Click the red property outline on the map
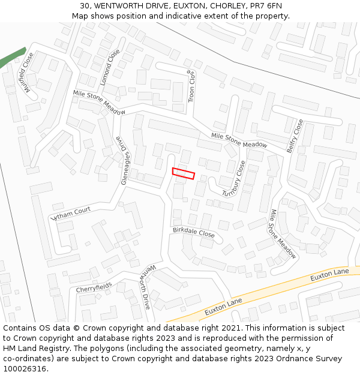184,173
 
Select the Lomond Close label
110,67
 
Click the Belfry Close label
295,136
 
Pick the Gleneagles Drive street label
122,160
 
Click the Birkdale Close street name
193,233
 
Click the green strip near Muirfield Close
12,58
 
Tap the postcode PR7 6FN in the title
265,6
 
